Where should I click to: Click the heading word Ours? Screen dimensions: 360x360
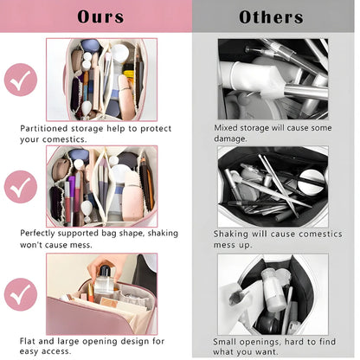(x=100, y=16)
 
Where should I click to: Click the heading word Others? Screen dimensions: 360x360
(x=271, y=17)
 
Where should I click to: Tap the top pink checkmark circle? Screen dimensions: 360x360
(x=21, y=80)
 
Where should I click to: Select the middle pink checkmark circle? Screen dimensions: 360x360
(x=21, y=187)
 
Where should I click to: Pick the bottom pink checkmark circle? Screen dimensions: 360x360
(x=21, y=294)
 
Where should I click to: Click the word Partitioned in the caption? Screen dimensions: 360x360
(x=44, y=128)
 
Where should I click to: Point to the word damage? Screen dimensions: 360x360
(x=230, y=138)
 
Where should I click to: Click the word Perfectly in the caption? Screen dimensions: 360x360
(x=37, y=233)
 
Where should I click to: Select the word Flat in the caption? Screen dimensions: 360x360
(x=28, y=341)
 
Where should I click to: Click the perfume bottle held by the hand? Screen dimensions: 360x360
(x=104, y=280)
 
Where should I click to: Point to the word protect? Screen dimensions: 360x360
(x=156, y=129)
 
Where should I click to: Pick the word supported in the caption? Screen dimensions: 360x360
(x=78, y=234)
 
